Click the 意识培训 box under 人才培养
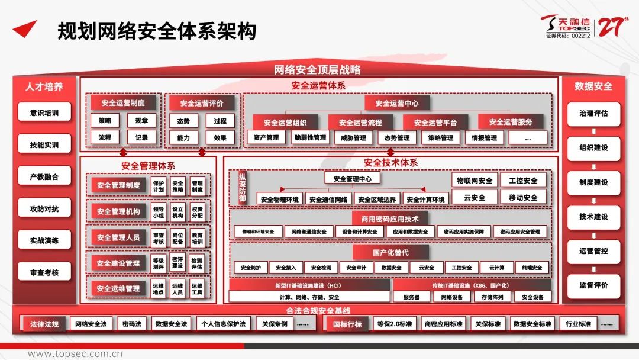[44, 112]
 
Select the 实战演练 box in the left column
[44, 240]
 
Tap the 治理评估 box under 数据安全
[593, 113]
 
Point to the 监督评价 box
[593, 285]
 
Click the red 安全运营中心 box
[396, 102]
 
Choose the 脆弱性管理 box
[310, 138]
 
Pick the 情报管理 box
[480, 138]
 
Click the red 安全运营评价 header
[202, 102]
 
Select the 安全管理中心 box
[353, 178]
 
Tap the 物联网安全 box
[474, 181]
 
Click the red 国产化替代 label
[390, 252]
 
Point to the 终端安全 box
[532, 268]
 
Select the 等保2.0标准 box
[394, 324]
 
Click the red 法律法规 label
[44, 324]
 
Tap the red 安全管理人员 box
[118, 237]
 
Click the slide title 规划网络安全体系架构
[156, 31]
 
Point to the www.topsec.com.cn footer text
[75, 354]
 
